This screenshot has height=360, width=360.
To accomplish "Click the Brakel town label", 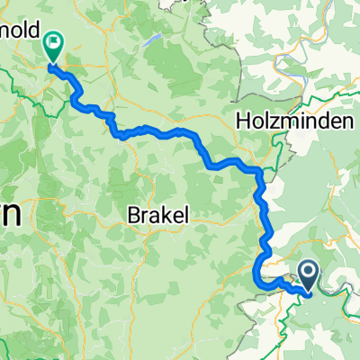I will [x=157, y=216].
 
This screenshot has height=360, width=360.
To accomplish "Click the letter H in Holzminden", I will [x=241, y=120].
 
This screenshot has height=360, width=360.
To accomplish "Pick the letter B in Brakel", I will [x=131, y=216].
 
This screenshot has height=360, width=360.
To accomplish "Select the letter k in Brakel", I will [x=161, y=216].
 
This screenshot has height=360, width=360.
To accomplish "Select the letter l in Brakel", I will [x=183, y=216].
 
